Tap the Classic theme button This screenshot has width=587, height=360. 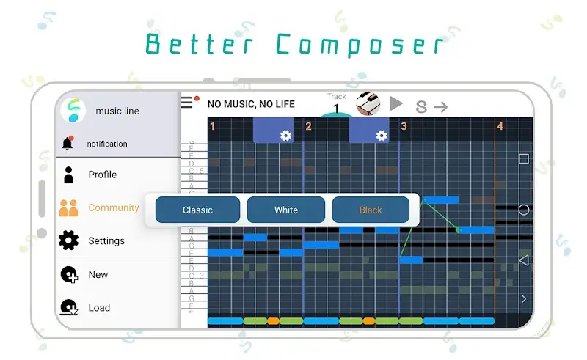[197, 210]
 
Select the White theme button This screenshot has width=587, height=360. [285, 210]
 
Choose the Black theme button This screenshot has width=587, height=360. [371, 210]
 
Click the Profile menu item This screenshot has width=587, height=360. [102, 175]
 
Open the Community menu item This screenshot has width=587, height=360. [113, 207]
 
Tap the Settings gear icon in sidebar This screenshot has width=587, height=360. [68, 240]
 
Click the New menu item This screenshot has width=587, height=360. [98, 274]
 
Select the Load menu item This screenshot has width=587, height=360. [99, 308]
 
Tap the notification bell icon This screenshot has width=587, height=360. [68, 144]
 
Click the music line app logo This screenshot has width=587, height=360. [73, 111]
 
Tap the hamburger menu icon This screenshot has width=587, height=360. [188, 103]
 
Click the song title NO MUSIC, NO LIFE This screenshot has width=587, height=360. [251, 104]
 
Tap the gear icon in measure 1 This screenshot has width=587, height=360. [285, 136]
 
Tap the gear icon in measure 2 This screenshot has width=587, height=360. [381, 136]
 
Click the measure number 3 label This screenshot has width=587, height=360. [404, 127]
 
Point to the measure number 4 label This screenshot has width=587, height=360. [500, 127]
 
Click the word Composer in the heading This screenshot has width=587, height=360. [360, 45]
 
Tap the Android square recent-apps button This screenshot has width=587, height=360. [524, 159]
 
